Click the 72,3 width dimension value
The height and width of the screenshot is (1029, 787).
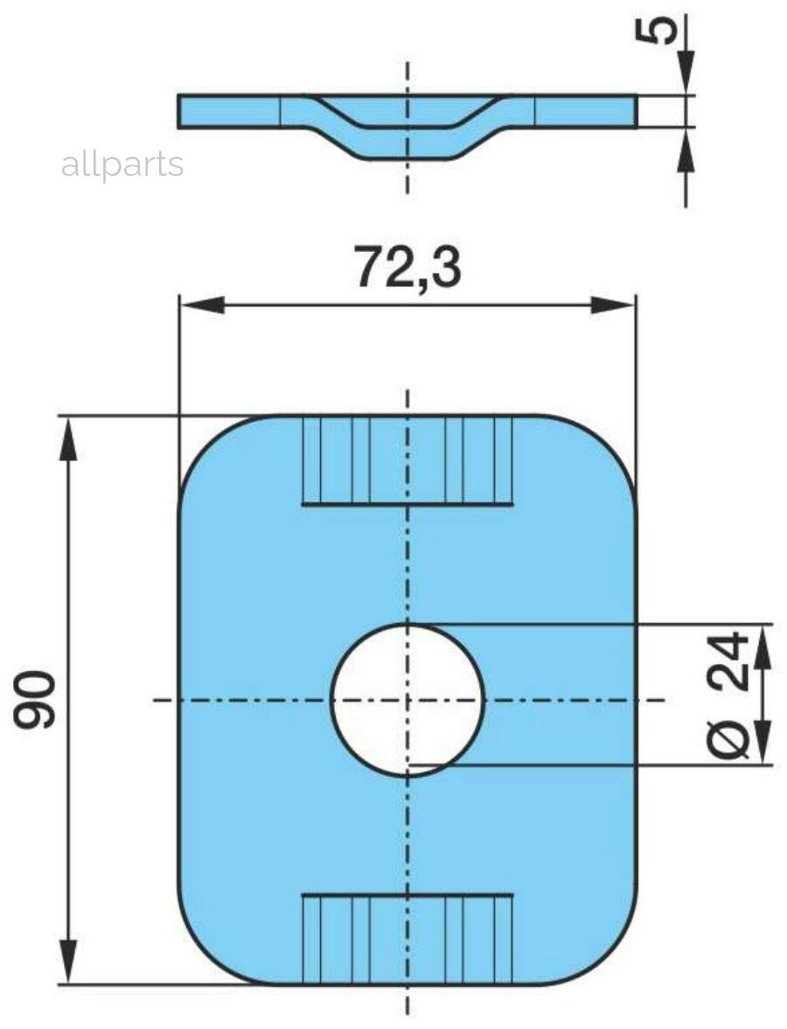407,267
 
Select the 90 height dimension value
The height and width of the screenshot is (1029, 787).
35,700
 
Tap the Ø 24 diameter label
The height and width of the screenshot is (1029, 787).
730,695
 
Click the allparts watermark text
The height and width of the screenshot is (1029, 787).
122,164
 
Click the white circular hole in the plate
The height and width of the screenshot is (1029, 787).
407,700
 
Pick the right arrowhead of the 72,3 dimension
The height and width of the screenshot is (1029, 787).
612,305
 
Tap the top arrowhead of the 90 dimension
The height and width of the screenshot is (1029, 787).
68,438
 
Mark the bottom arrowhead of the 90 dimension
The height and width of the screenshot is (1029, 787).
68,962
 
